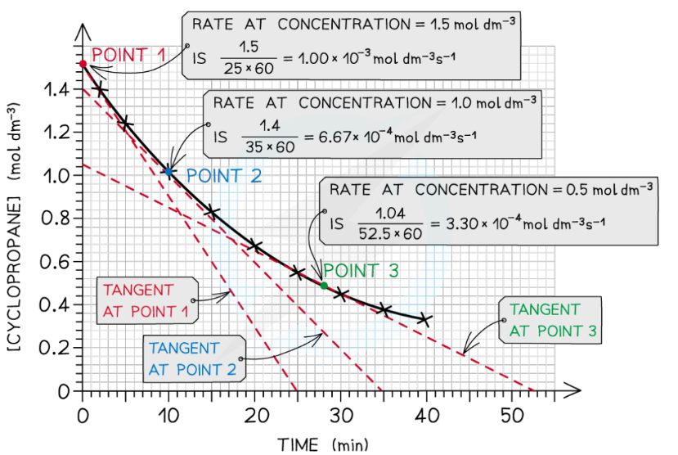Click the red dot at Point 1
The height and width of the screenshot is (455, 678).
coord(83,64)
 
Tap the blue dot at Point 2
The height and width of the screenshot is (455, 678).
coord(168,171)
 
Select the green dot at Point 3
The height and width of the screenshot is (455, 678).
coord(324,286)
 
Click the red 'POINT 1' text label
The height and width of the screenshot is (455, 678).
coord(128,56)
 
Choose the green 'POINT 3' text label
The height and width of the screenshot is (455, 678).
coord(361,271)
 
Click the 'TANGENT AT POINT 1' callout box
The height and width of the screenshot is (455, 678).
coord(147,300)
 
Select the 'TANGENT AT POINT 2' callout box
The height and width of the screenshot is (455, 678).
coord(193,358)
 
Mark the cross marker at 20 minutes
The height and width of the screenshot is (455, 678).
coord(254,246)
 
